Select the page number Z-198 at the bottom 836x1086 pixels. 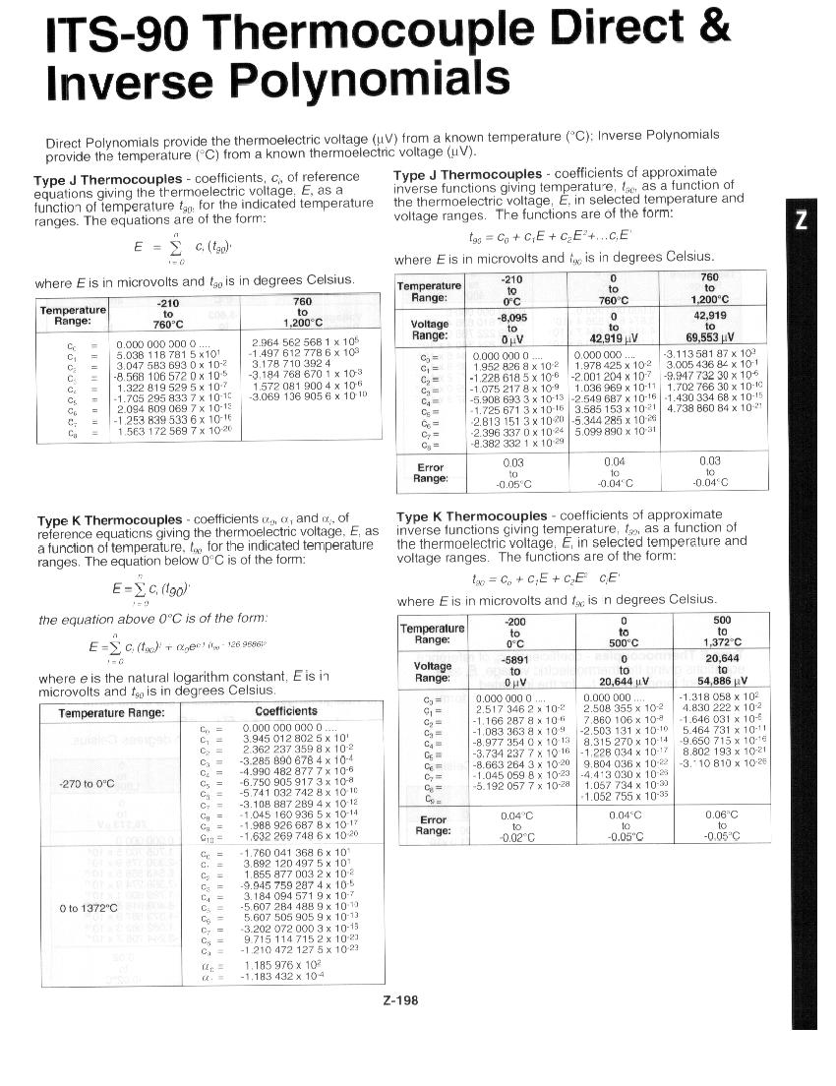coord(400,1000)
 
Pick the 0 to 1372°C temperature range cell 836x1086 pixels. coord(89,908)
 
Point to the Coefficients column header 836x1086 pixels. coord(285,711)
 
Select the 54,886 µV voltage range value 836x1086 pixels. coord(722,681)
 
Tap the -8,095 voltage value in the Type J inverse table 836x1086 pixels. coord(512,319)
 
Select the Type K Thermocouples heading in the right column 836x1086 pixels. coord(471,516)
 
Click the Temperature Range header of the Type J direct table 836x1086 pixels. coord(72,316)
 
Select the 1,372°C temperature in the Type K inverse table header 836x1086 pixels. coord(722,642)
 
